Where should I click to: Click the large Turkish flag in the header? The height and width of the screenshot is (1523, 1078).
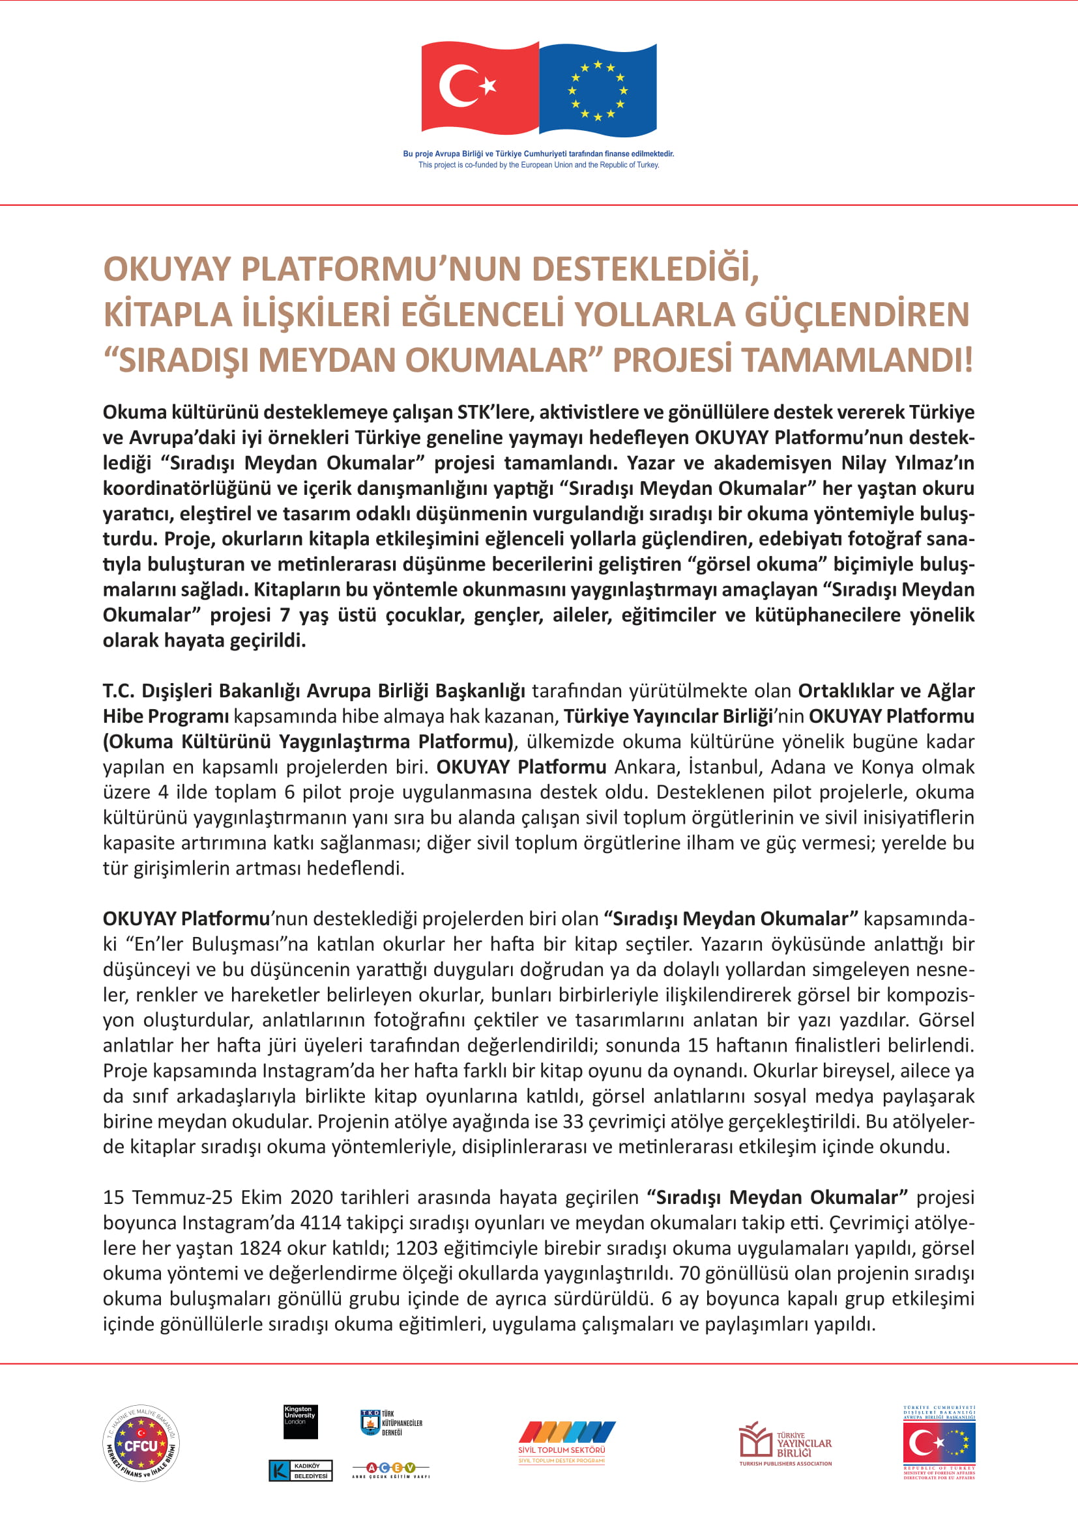click(x=480, y=87)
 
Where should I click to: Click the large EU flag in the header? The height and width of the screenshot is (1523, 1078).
click(x=598, y=89)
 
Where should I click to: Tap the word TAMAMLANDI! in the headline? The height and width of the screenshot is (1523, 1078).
click(x=857, y=360)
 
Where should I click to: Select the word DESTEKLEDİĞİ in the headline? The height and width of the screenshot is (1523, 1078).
click(x=645, y=270)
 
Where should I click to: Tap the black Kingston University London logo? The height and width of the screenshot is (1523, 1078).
click(x=300, y=1421)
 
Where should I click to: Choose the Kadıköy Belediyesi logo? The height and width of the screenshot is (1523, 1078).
click(x=300, y=1471)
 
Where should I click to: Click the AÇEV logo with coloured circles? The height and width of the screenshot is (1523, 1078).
click(x=391, y=1468)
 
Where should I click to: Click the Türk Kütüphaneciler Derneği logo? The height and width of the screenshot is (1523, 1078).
click(x=391, y=1423)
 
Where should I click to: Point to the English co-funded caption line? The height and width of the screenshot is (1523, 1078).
click(x=538, y=165)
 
